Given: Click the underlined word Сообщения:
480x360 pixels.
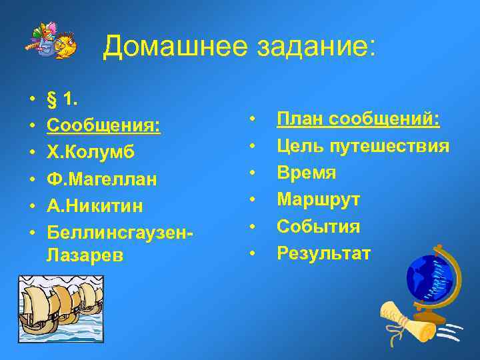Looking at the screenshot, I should [103, 126].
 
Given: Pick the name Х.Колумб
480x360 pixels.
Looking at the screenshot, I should [91, 152].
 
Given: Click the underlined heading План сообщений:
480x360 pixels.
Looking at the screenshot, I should [358, 119].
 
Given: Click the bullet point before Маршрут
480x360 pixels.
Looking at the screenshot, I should [253, 199].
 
